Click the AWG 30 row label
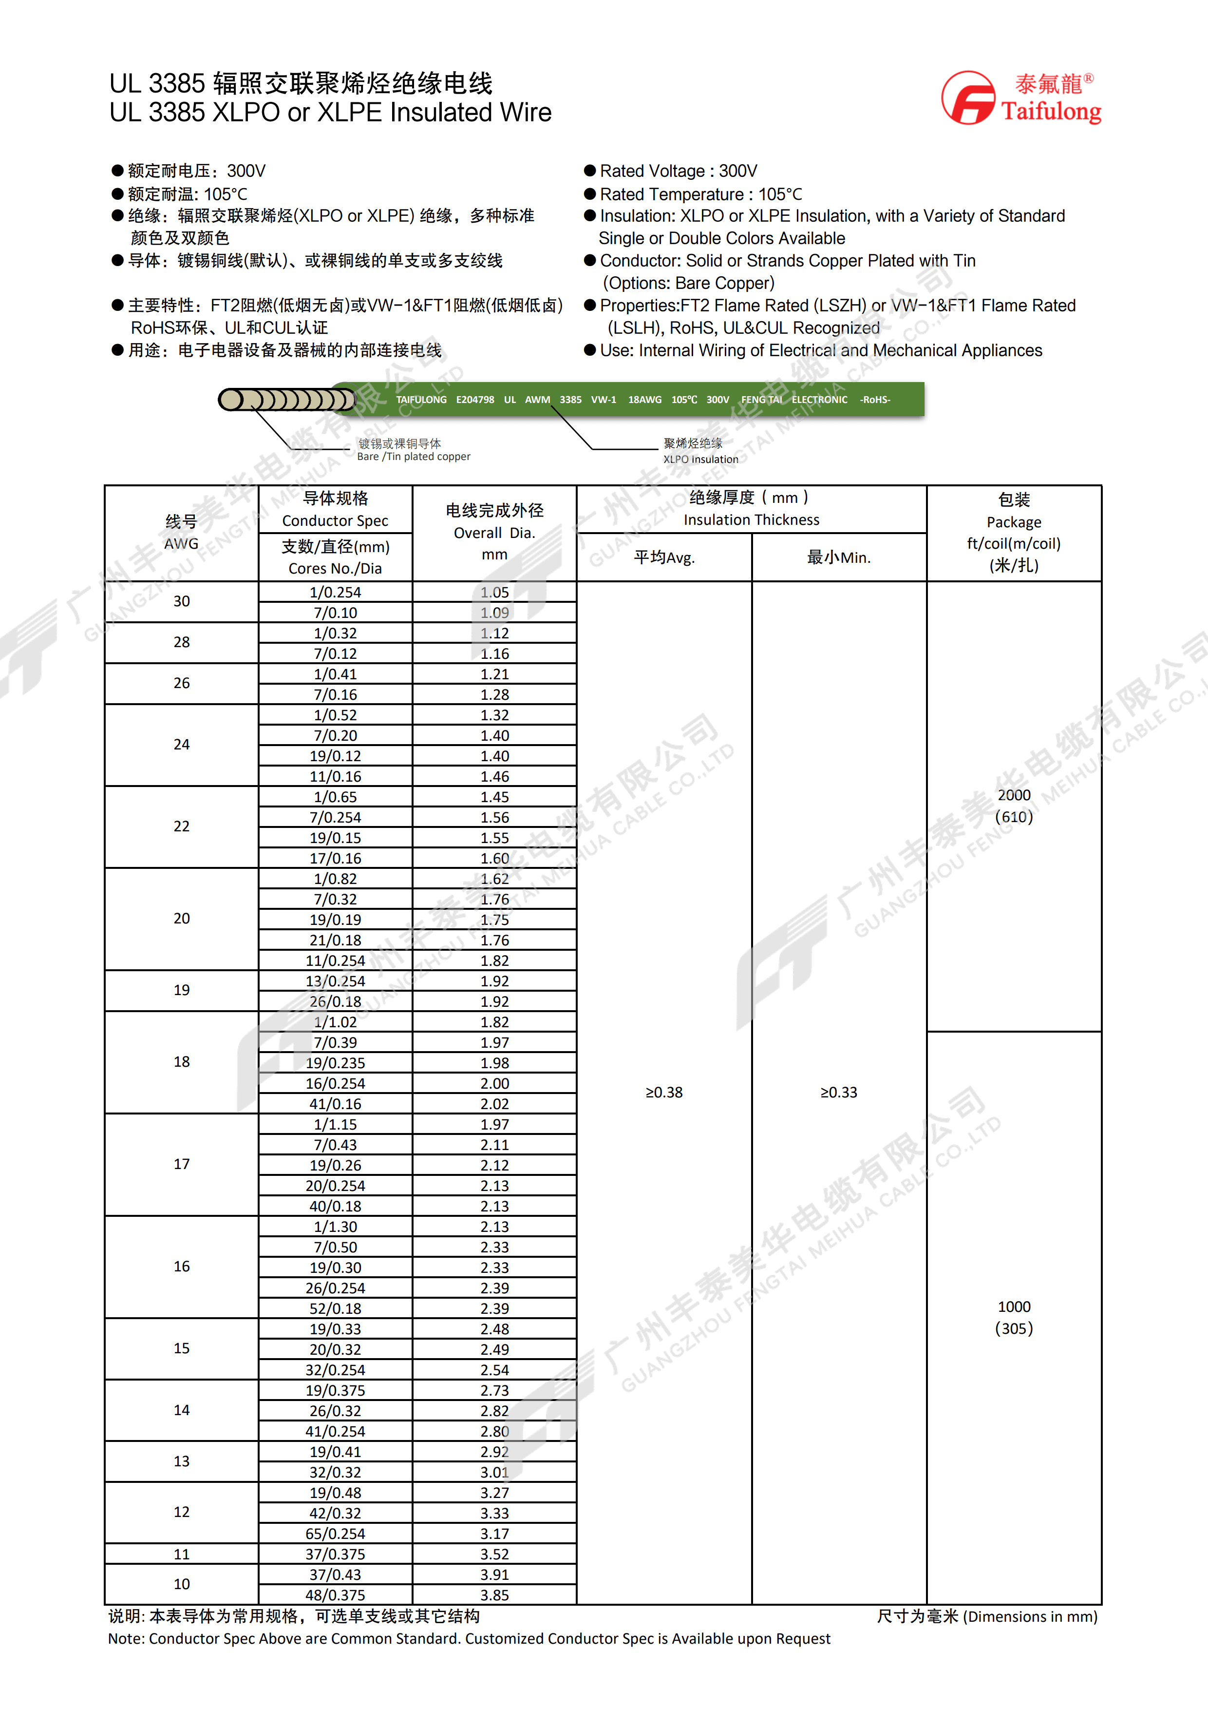click(182, 601)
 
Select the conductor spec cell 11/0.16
click(336, 776)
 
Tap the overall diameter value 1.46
click(495, 776)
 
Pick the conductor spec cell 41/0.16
click(336, 1104)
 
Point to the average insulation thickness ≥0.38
click(663, 1092)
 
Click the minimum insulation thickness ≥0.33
click(838, 1092)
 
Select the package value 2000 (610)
click(1014, 806)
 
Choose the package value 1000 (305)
click(1014, 1318)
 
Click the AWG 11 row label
click(182, 1554)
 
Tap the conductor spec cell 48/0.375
click(336, 1595)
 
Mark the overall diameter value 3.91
click(495, 1575)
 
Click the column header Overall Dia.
click(495, 532)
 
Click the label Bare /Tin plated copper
click(414, 457)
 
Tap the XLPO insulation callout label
click(701, 459)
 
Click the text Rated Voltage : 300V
click(679, 171)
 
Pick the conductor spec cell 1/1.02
click(336, 1022)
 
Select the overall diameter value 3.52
click(495, 1554)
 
